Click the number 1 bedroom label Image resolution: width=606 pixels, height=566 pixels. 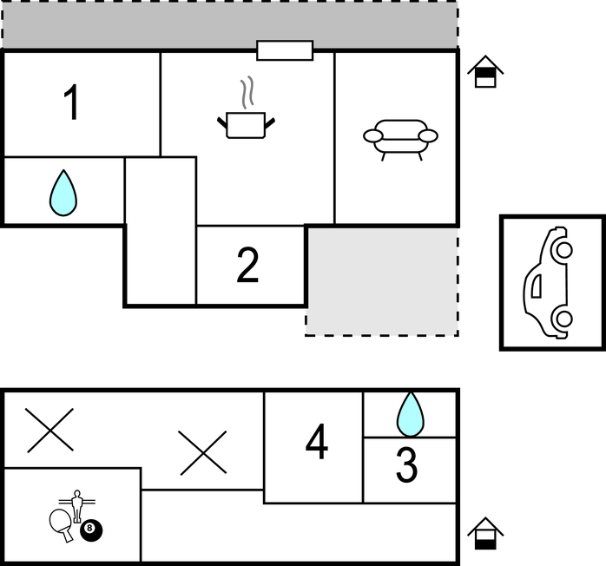[72, 102]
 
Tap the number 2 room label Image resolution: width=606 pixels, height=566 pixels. [247, 266]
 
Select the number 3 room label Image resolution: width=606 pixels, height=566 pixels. [407, 464]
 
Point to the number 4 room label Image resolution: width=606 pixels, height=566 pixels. [317, 441]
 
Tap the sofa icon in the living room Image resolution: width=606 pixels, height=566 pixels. [400, 140]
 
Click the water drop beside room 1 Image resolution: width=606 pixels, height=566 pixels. [63, 193]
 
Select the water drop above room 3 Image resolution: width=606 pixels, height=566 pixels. [410, 414]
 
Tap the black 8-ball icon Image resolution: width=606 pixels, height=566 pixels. [91, 530]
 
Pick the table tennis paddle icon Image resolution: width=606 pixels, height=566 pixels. [62, 524]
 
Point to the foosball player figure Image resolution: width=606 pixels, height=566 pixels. [77, 506]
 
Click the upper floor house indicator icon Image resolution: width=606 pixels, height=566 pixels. [485, 71]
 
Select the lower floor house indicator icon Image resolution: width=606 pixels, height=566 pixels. [485, 533]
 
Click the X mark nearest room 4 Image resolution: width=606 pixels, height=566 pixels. [203, 453]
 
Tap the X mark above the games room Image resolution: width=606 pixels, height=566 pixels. [49, 430]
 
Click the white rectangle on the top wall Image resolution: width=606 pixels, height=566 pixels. [285, 50]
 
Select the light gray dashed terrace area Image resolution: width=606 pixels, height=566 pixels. [382, 281]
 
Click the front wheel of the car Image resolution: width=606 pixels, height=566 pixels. [563, 250]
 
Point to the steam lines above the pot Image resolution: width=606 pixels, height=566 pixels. [248, 92]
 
